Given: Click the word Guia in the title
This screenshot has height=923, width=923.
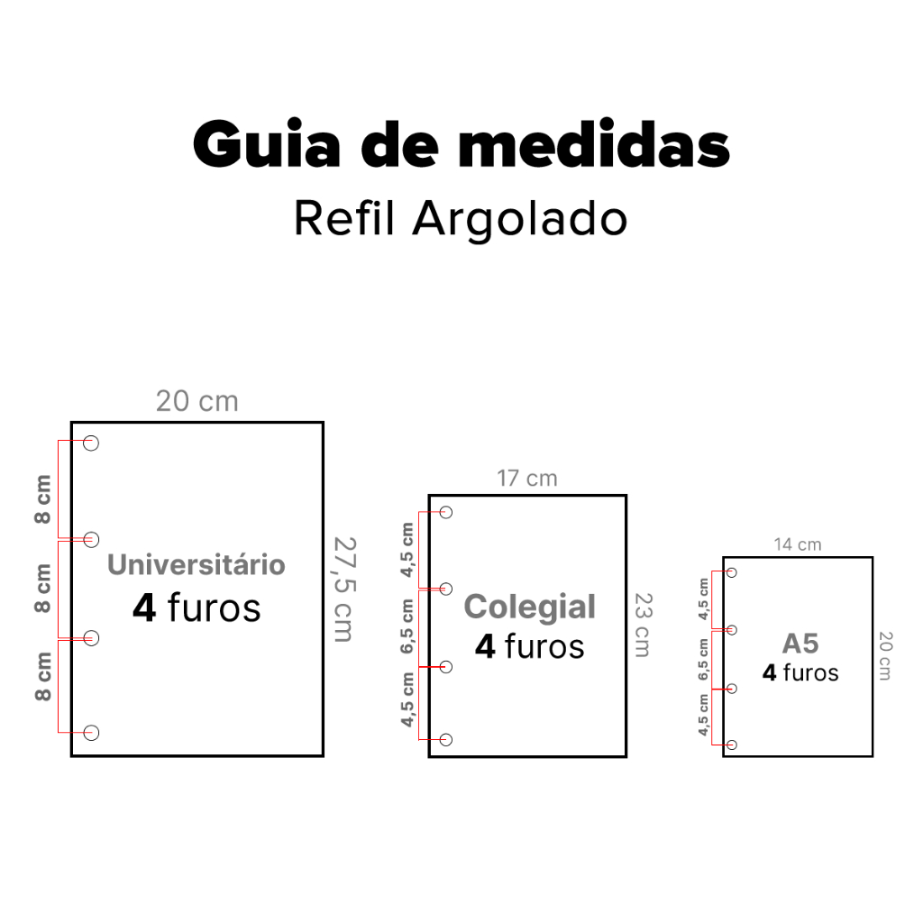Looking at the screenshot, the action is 267,143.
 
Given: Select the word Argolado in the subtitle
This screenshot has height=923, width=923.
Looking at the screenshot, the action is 520,218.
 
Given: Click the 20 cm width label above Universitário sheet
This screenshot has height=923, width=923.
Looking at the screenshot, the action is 197,401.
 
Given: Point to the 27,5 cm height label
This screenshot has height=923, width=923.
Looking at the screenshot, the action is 344,589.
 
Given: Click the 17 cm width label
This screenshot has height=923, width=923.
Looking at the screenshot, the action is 526,479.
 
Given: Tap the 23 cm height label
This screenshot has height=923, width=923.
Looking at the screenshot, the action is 643,626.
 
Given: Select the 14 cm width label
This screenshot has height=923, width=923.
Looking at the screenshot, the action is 798,544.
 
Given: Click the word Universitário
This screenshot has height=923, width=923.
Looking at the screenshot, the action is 196,564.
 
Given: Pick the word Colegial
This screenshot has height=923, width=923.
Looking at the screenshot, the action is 530,607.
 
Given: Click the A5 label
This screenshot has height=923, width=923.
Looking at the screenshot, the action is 800,644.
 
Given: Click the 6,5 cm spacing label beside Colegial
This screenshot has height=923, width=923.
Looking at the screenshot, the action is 407,627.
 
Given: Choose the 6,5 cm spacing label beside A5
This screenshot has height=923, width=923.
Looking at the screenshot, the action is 703,659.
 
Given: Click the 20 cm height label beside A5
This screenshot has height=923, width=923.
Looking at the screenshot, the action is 885,656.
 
